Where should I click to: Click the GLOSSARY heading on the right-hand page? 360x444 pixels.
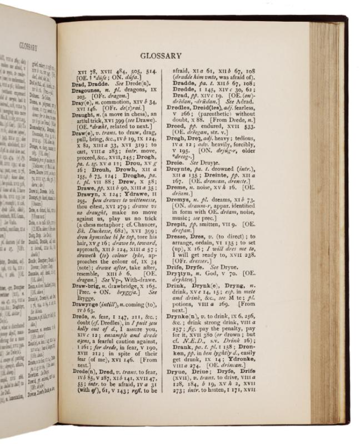pyautogui.click(x=161, y=56)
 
